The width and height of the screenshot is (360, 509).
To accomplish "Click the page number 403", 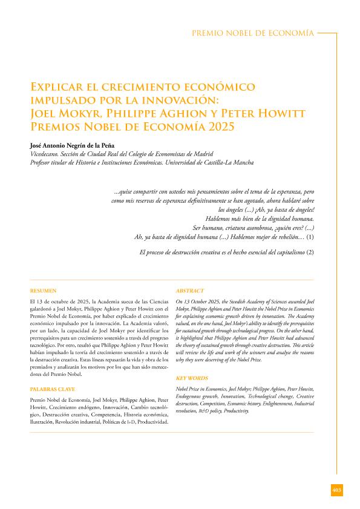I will pos(337,489).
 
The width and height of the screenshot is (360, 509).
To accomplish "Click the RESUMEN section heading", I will pos(43,291).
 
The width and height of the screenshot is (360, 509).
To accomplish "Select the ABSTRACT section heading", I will pos(189,291).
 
